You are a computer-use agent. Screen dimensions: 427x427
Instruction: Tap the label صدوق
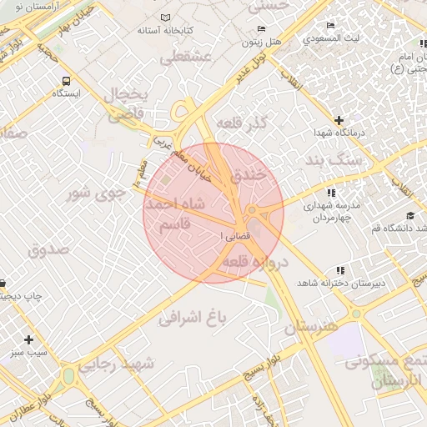[44, 249]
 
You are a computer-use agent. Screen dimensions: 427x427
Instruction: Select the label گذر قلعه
[241, 124]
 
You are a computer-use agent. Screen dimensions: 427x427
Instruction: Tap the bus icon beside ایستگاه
[66, 81]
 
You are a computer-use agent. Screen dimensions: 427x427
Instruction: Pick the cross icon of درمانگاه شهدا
[339, 120]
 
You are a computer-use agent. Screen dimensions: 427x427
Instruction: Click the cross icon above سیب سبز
[29, 339]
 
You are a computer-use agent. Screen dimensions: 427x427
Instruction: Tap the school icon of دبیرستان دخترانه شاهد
[339, 270]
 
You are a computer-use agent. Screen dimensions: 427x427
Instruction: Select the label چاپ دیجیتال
[21, 296]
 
